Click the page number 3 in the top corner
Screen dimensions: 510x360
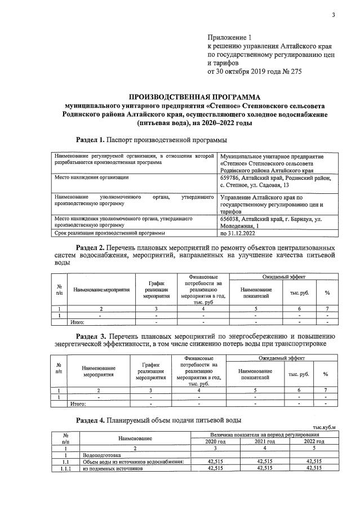[x=333, y=15]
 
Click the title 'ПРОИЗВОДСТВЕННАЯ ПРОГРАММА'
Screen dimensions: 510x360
[x=191, y=96]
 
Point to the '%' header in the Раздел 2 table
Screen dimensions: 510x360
[x=327, y=292]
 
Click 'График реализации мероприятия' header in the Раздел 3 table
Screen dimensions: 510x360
[x=150, y=372]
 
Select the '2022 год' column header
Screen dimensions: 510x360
[x=313, y=442]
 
